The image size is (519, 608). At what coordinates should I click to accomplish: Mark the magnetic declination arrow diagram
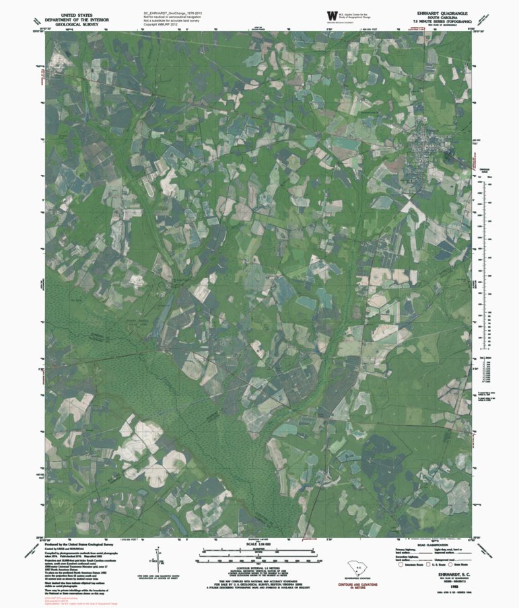(156, 560)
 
